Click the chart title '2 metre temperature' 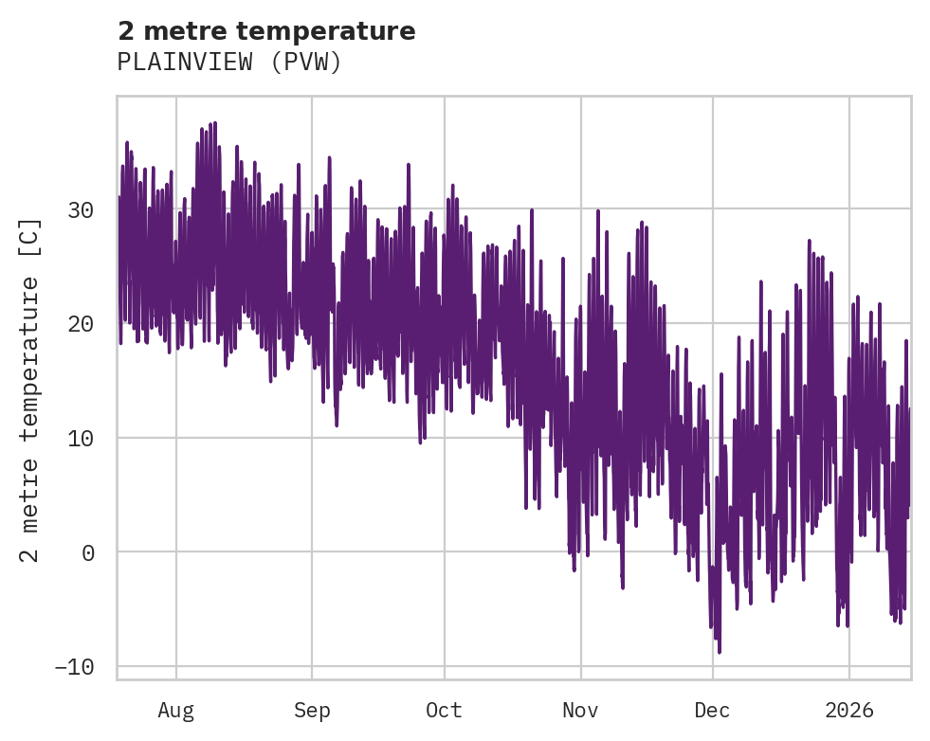click(x=266, y=31)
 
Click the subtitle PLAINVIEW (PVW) click(x=228, y=63)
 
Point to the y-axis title click(x=30, y=389)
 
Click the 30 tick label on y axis click(x=81, y=210)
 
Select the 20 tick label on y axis click(x=81, y=324)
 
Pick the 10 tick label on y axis click(x=81, y=438)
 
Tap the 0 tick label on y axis click(x=88, y=552)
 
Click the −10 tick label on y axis click(x=74, y=667)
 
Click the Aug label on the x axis click(x=176, y=710)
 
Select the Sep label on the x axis click(x=312, y=710)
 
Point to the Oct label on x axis click(x=444, y=710)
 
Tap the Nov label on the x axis click(x=580, y=710)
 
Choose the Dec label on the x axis click(x=712, y=710)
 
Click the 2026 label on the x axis click(x=849, y=710)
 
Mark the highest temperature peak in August click(x=215, y=123)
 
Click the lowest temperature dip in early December click(x=719, y=652)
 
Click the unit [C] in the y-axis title click(x=30, y=235)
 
